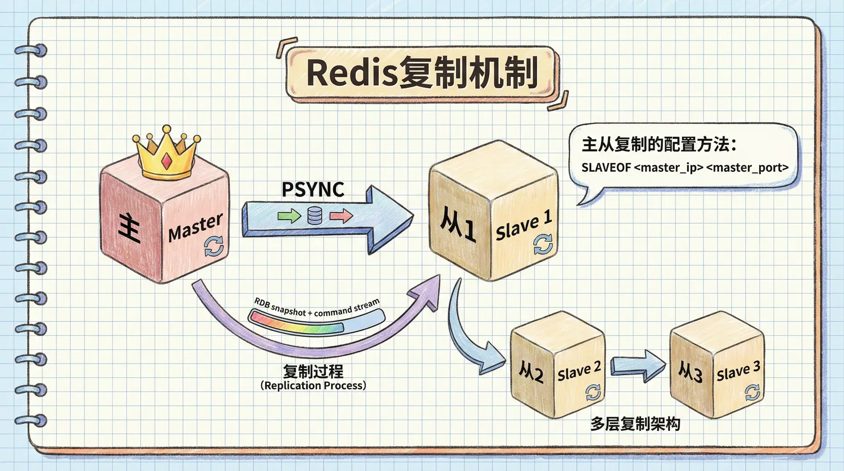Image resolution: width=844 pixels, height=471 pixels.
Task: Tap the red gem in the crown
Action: (167, 161)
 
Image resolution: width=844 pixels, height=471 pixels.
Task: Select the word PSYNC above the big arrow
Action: (313, 189)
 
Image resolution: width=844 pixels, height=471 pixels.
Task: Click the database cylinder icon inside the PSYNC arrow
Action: (314, 216)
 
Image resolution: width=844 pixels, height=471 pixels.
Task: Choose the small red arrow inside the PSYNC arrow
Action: (341, 215)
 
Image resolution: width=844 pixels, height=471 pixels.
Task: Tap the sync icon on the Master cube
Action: (214, 246)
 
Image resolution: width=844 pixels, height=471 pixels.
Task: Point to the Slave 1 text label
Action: (523, 225)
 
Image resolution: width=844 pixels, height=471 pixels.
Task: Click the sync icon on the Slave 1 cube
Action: (543, 244)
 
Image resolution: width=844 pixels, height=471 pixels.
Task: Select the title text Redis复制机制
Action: (422, 73)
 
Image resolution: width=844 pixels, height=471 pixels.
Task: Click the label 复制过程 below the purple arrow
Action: (313, 372)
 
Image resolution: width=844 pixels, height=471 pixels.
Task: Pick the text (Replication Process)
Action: (313, 386)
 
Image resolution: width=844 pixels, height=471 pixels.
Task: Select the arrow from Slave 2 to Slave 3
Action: (637, 365)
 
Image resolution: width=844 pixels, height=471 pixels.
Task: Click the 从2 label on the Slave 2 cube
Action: (531, 372)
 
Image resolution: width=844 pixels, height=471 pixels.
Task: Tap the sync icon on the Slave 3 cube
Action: (752, 392)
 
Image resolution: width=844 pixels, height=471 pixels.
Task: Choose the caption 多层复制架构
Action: (635, 424)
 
